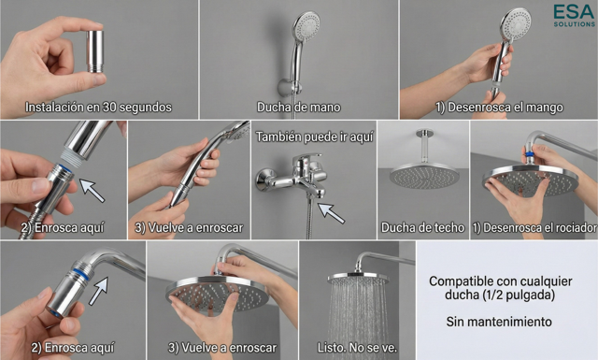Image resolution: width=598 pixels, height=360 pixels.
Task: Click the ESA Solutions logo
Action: tap(574, 15)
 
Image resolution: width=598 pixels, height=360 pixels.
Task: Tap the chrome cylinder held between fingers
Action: tap(94, 51)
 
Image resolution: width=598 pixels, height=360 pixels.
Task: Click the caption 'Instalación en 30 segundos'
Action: tap(98, 108)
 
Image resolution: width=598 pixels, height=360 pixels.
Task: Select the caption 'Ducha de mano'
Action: tap(299, 108)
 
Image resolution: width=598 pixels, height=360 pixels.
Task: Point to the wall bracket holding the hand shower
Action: tap(289, 87)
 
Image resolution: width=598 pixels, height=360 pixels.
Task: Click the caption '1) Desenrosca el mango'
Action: tap(500, 108)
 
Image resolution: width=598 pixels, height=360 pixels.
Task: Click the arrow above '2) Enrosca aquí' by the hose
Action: tap(92, 191)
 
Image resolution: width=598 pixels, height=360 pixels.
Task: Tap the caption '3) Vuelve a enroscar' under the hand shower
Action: tap(189, 228)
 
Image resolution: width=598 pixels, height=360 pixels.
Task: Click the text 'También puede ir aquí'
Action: tap(314, 137)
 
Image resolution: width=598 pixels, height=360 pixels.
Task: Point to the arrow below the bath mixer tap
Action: tap(331, 213)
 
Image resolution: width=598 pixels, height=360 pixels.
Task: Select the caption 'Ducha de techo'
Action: tap(422, 228)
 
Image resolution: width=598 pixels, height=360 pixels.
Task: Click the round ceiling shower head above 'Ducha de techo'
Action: tap(423, 176)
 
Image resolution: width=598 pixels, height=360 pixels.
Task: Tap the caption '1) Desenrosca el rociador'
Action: tap(534, 228)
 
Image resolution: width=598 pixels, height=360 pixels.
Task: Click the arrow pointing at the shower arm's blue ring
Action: tap(98, 291)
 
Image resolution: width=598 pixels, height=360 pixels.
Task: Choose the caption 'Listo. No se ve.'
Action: tap(357, 348)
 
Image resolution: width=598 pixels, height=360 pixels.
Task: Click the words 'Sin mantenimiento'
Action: tap(499, 322)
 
